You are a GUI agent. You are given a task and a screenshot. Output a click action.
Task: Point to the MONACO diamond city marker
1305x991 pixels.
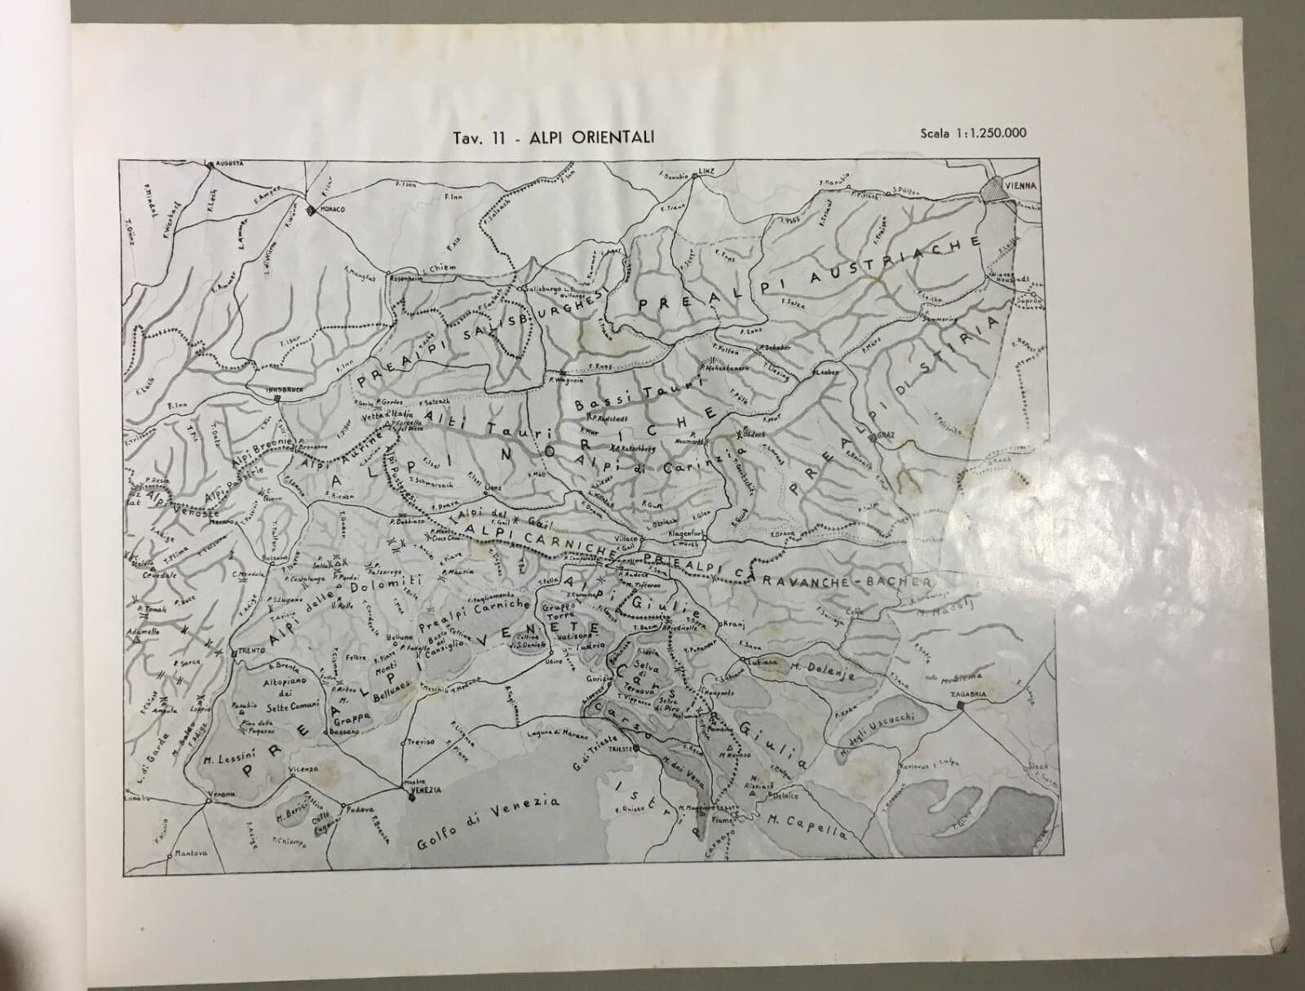(310, 210)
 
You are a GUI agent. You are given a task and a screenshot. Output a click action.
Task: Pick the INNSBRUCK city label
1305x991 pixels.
(285, 390)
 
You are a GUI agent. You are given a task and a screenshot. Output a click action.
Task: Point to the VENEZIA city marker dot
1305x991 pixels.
(411, 798)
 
